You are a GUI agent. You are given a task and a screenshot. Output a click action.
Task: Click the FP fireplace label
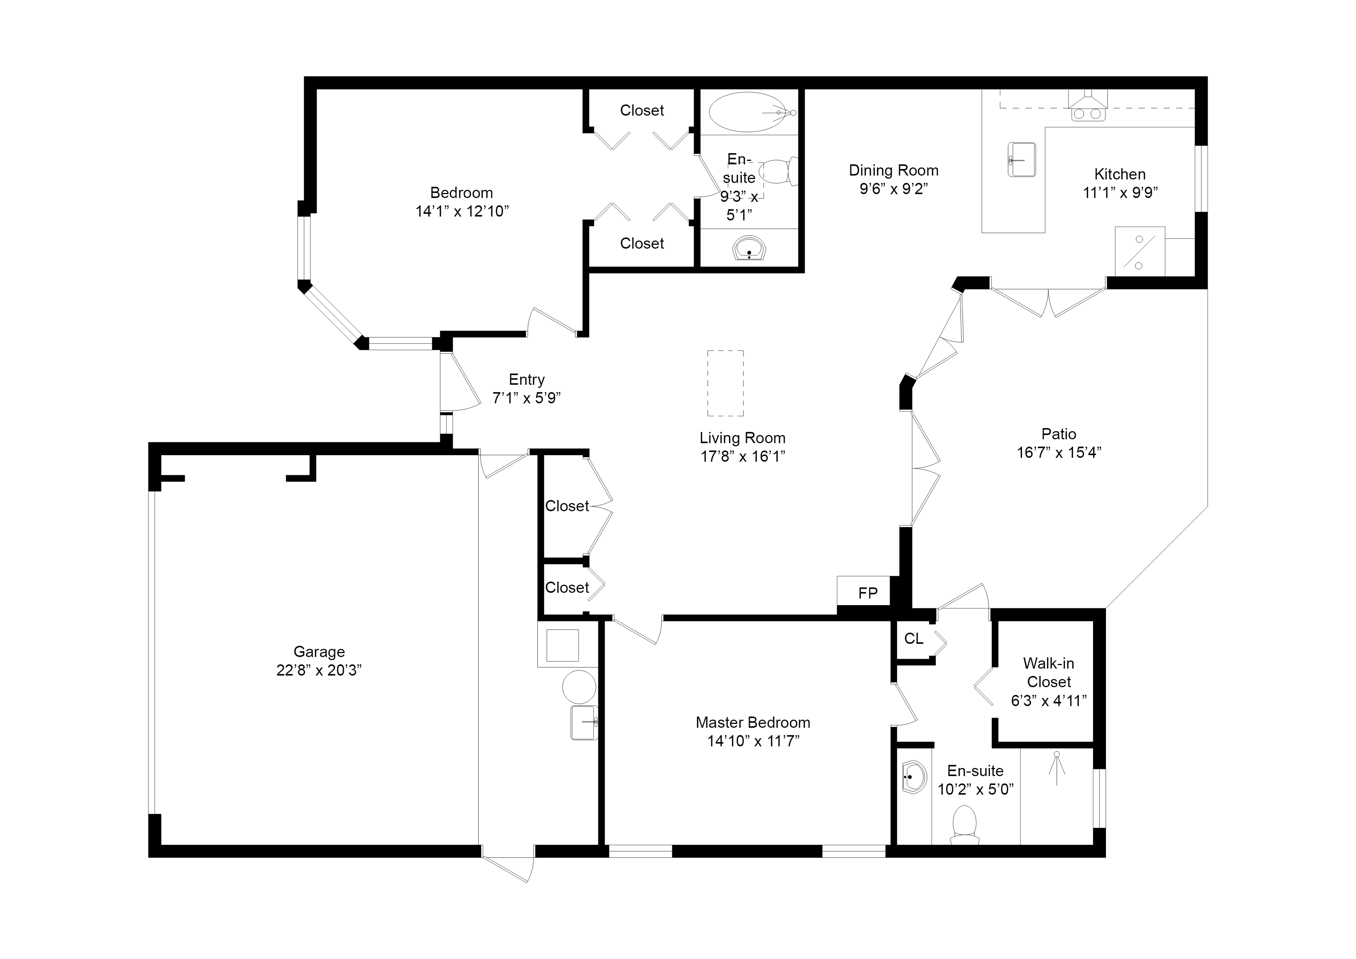pos(867,593)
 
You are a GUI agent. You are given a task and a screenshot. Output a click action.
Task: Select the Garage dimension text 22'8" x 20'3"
pos(319,670)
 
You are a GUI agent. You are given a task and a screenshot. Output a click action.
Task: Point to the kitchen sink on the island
pos(1021,160)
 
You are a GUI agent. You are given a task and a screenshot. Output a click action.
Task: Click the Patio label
pos(1059,434)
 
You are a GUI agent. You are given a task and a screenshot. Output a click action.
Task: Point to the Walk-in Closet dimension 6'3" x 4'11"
pos(1049,701)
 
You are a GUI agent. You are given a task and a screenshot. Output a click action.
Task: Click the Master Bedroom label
pos(753,722)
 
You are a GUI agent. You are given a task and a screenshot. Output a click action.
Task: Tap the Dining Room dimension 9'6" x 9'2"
pos(894,189)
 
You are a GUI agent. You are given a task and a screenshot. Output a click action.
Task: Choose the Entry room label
pos(527,379)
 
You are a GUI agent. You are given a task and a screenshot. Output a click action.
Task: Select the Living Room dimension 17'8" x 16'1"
pos(743,456)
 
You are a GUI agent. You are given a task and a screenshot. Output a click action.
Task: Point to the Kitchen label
pos(1120,174)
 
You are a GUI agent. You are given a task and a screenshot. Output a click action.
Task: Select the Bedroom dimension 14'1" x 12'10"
pos(462,212)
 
